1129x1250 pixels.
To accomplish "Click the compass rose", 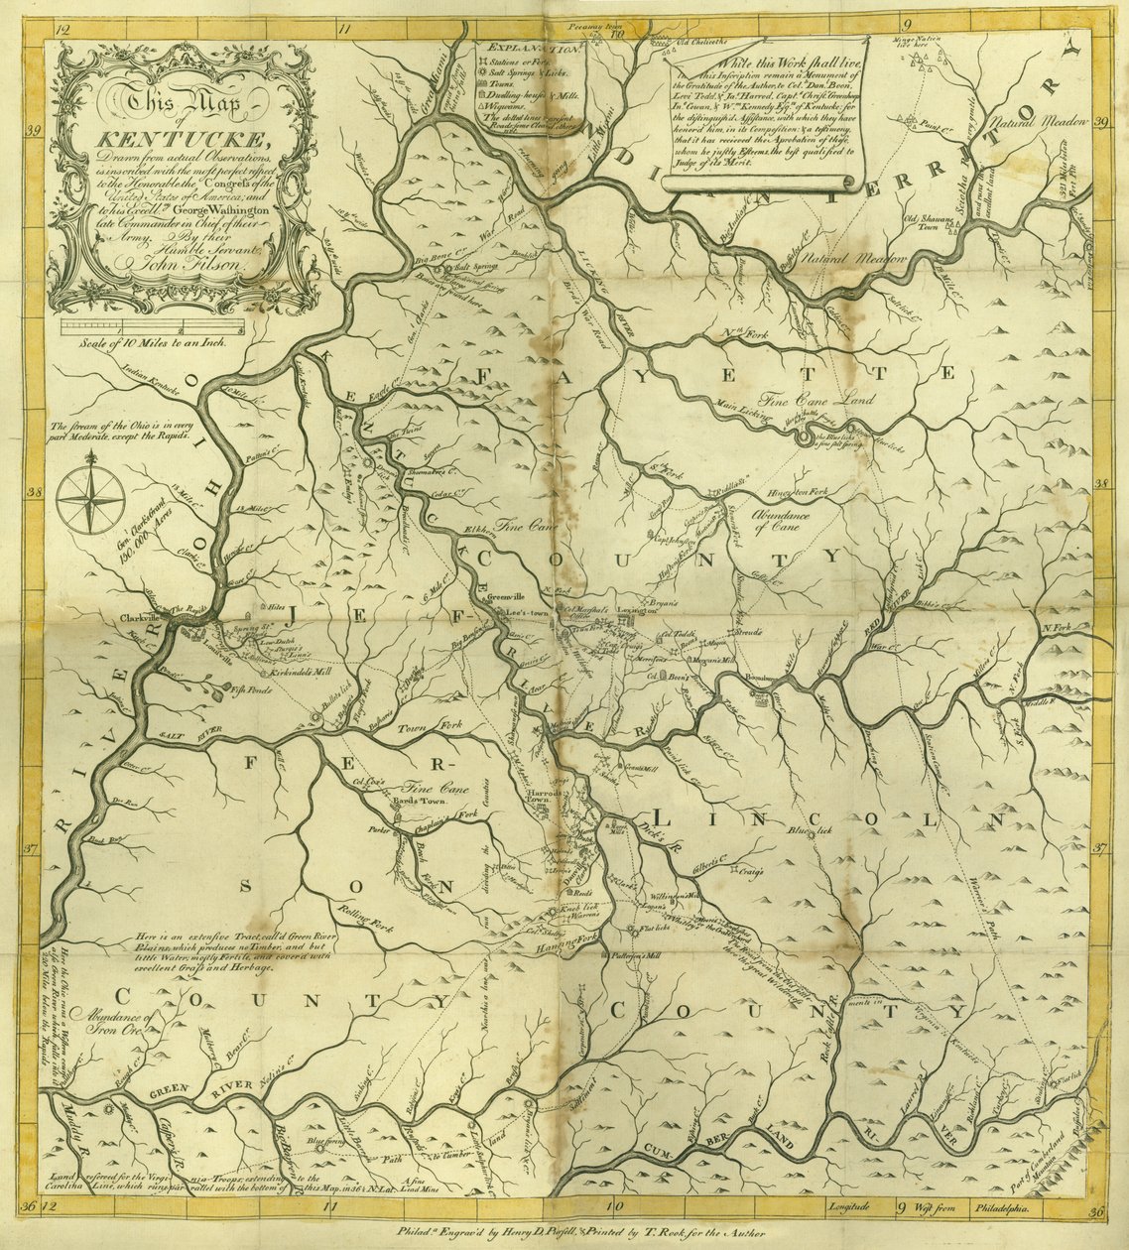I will coord(90,500).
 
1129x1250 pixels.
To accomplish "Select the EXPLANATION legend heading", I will coord(523,47).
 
